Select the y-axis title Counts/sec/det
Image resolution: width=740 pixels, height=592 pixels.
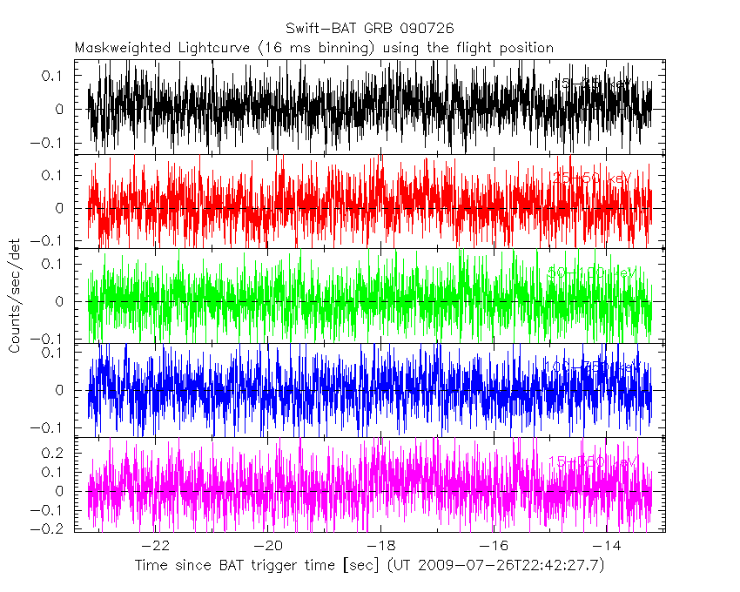[15, 296]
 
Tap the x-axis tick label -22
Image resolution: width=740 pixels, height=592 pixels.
[156, 547]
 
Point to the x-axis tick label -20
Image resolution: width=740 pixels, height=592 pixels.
[269, 547]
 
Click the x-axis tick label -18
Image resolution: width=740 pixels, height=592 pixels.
[381, 547]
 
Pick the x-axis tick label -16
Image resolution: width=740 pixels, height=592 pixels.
[494, 547]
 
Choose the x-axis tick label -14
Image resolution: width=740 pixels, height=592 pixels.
[607, 547]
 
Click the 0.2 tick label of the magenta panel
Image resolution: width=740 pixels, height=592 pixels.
[54, 454]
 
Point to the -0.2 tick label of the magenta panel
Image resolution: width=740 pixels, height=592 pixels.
[50, 528]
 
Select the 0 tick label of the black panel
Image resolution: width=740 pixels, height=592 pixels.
[59, 110]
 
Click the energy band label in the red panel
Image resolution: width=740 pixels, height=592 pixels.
[592, 178]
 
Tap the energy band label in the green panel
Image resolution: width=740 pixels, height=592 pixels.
[592, 272]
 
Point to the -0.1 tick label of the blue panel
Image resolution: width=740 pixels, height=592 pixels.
[50, 428]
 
